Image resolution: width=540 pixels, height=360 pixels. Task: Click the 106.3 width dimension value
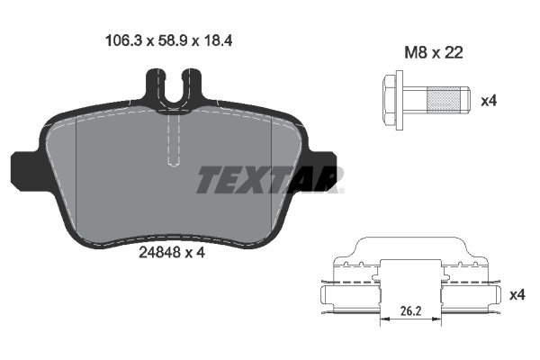pos(123,41)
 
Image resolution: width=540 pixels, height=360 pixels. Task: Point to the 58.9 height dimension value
pos(173,41)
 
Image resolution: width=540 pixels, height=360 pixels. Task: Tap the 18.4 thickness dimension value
pos(218,41)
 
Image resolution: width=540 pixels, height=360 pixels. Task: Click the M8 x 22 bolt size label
pos(434,53)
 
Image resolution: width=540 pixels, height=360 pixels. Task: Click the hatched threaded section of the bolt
pos(443,100)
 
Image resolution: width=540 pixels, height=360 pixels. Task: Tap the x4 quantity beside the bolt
pos(489,101)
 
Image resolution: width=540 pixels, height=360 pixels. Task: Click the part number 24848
pos(159,253)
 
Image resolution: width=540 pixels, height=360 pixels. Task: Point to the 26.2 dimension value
pos(411,311)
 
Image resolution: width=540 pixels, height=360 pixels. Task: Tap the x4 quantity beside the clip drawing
pos(517,295)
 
